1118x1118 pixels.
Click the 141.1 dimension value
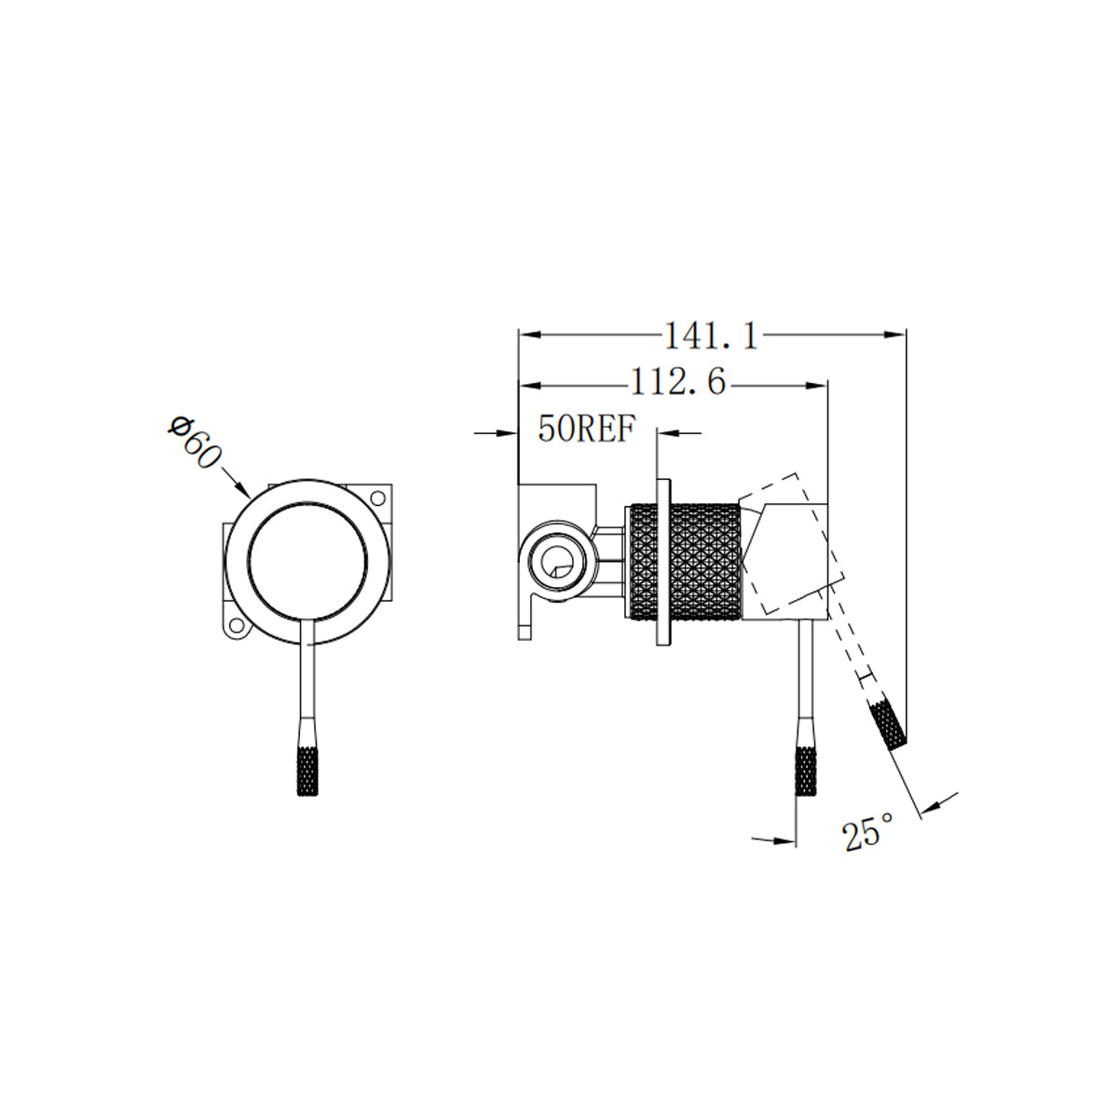710,334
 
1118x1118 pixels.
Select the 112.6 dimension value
677,382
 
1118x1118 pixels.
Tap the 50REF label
586,429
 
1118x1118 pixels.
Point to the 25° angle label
867,832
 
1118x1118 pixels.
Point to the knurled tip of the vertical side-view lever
806,770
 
